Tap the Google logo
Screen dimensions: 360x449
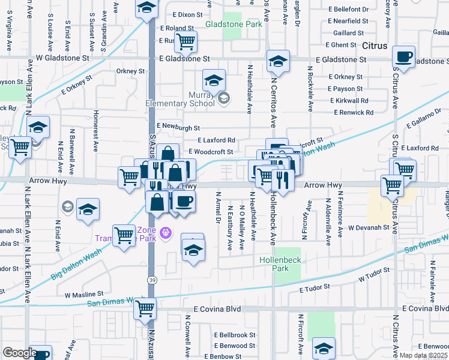point(19,353)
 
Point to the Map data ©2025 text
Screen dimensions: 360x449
point(424,355)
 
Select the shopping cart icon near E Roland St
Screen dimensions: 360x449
point(185,42)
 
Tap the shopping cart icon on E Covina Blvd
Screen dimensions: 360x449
point(145,308)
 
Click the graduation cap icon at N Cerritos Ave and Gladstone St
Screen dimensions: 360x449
point(277,62)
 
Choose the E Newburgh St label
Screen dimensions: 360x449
point(178,127)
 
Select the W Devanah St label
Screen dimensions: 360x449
point(370,227)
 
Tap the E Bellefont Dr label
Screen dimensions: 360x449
point(349,10)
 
